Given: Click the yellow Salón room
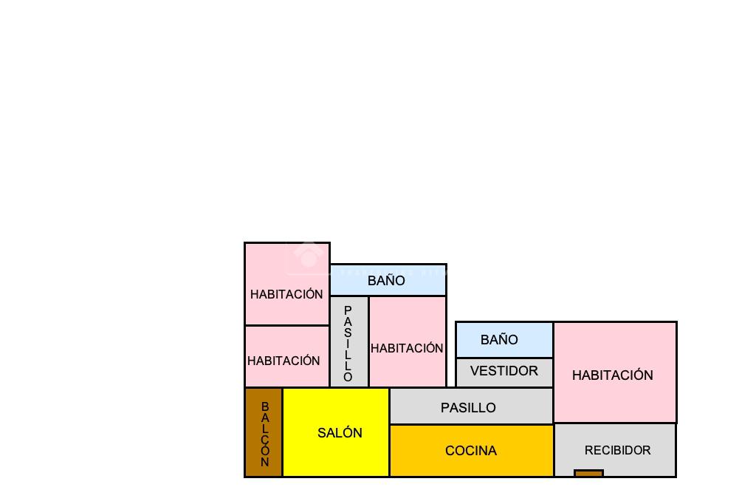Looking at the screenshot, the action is tap(336, 451).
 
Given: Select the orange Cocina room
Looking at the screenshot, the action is tap(471, 466).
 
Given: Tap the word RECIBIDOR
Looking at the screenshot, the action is tap(617, 450).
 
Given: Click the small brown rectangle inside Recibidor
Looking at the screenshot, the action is tap(588, 474).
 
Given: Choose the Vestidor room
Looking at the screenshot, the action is tap(504, 372).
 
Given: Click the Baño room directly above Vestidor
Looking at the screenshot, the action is tap(504, 340).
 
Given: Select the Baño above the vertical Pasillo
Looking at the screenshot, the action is tap(388, 280).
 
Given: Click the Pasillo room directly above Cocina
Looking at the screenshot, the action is tap(471, 407).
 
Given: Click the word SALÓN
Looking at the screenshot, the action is tap(340, 433).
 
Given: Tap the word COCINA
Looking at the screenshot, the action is tap(471, 450).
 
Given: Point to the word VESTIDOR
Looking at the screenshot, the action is tap(504, 370).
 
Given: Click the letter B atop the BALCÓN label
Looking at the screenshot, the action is tap(265, 406).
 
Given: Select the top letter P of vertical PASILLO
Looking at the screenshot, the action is tap(348, 310).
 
